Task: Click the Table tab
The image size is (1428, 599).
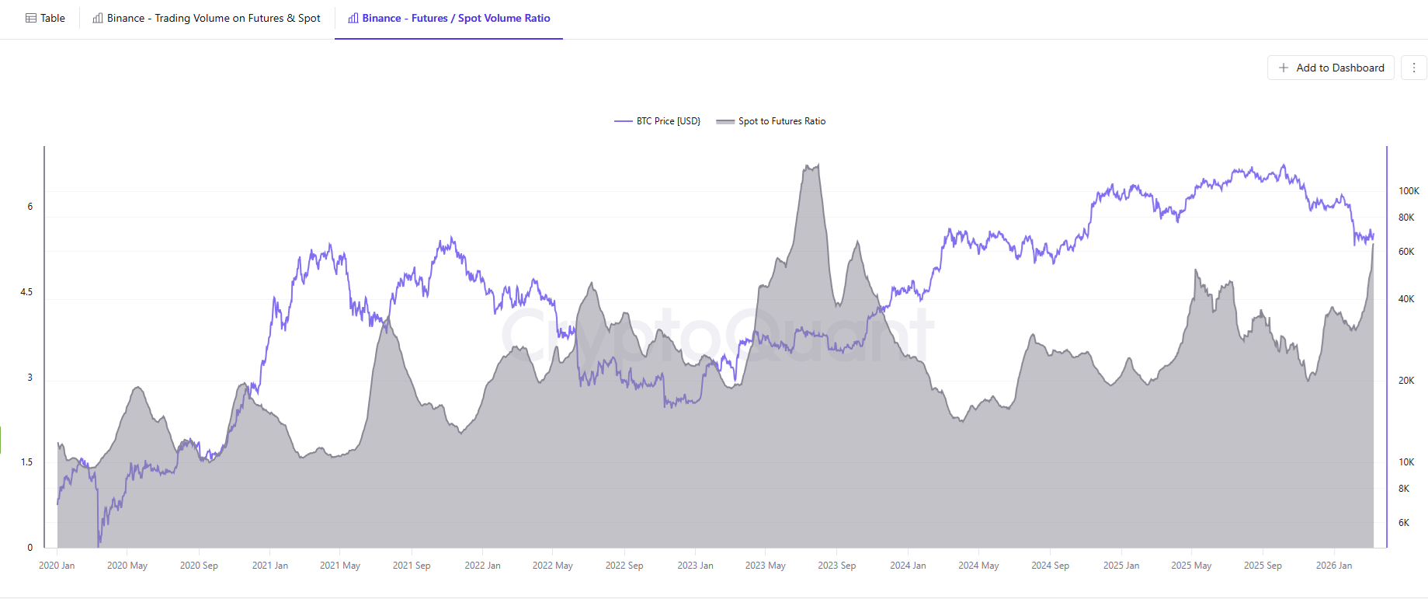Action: click(x=45, y=18)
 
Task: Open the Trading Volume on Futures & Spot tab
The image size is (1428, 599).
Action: click(x=207, y=18)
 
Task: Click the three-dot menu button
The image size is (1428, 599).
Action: click(x=1413, y=68)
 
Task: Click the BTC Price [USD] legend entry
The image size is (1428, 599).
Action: click(x=658, y=121)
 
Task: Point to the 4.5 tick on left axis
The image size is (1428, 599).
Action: click(x=26, y=292)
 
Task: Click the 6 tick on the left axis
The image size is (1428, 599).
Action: click(x=30, y=207)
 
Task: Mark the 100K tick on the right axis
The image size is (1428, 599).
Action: click(x=1408, y=191)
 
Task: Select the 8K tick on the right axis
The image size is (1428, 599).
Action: click(x=1403, y=489)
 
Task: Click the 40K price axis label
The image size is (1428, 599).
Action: click(x=1405, y=299)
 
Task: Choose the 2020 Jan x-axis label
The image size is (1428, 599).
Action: click(x=57, y=566)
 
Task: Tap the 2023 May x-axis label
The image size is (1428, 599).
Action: click(x=765, y=566)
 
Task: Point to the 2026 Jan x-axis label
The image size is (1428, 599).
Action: click(x=1333, y=566)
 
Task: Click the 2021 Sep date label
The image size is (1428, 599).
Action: click(x=411, y=566)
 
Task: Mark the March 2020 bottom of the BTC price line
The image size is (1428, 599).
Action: click(x=99, y=545)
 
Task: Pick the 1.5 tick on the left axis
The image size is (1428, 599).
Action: click(x=26, y=462)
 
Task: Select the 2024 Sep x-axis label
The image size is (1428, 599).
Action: click(x=1050, y=566)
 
